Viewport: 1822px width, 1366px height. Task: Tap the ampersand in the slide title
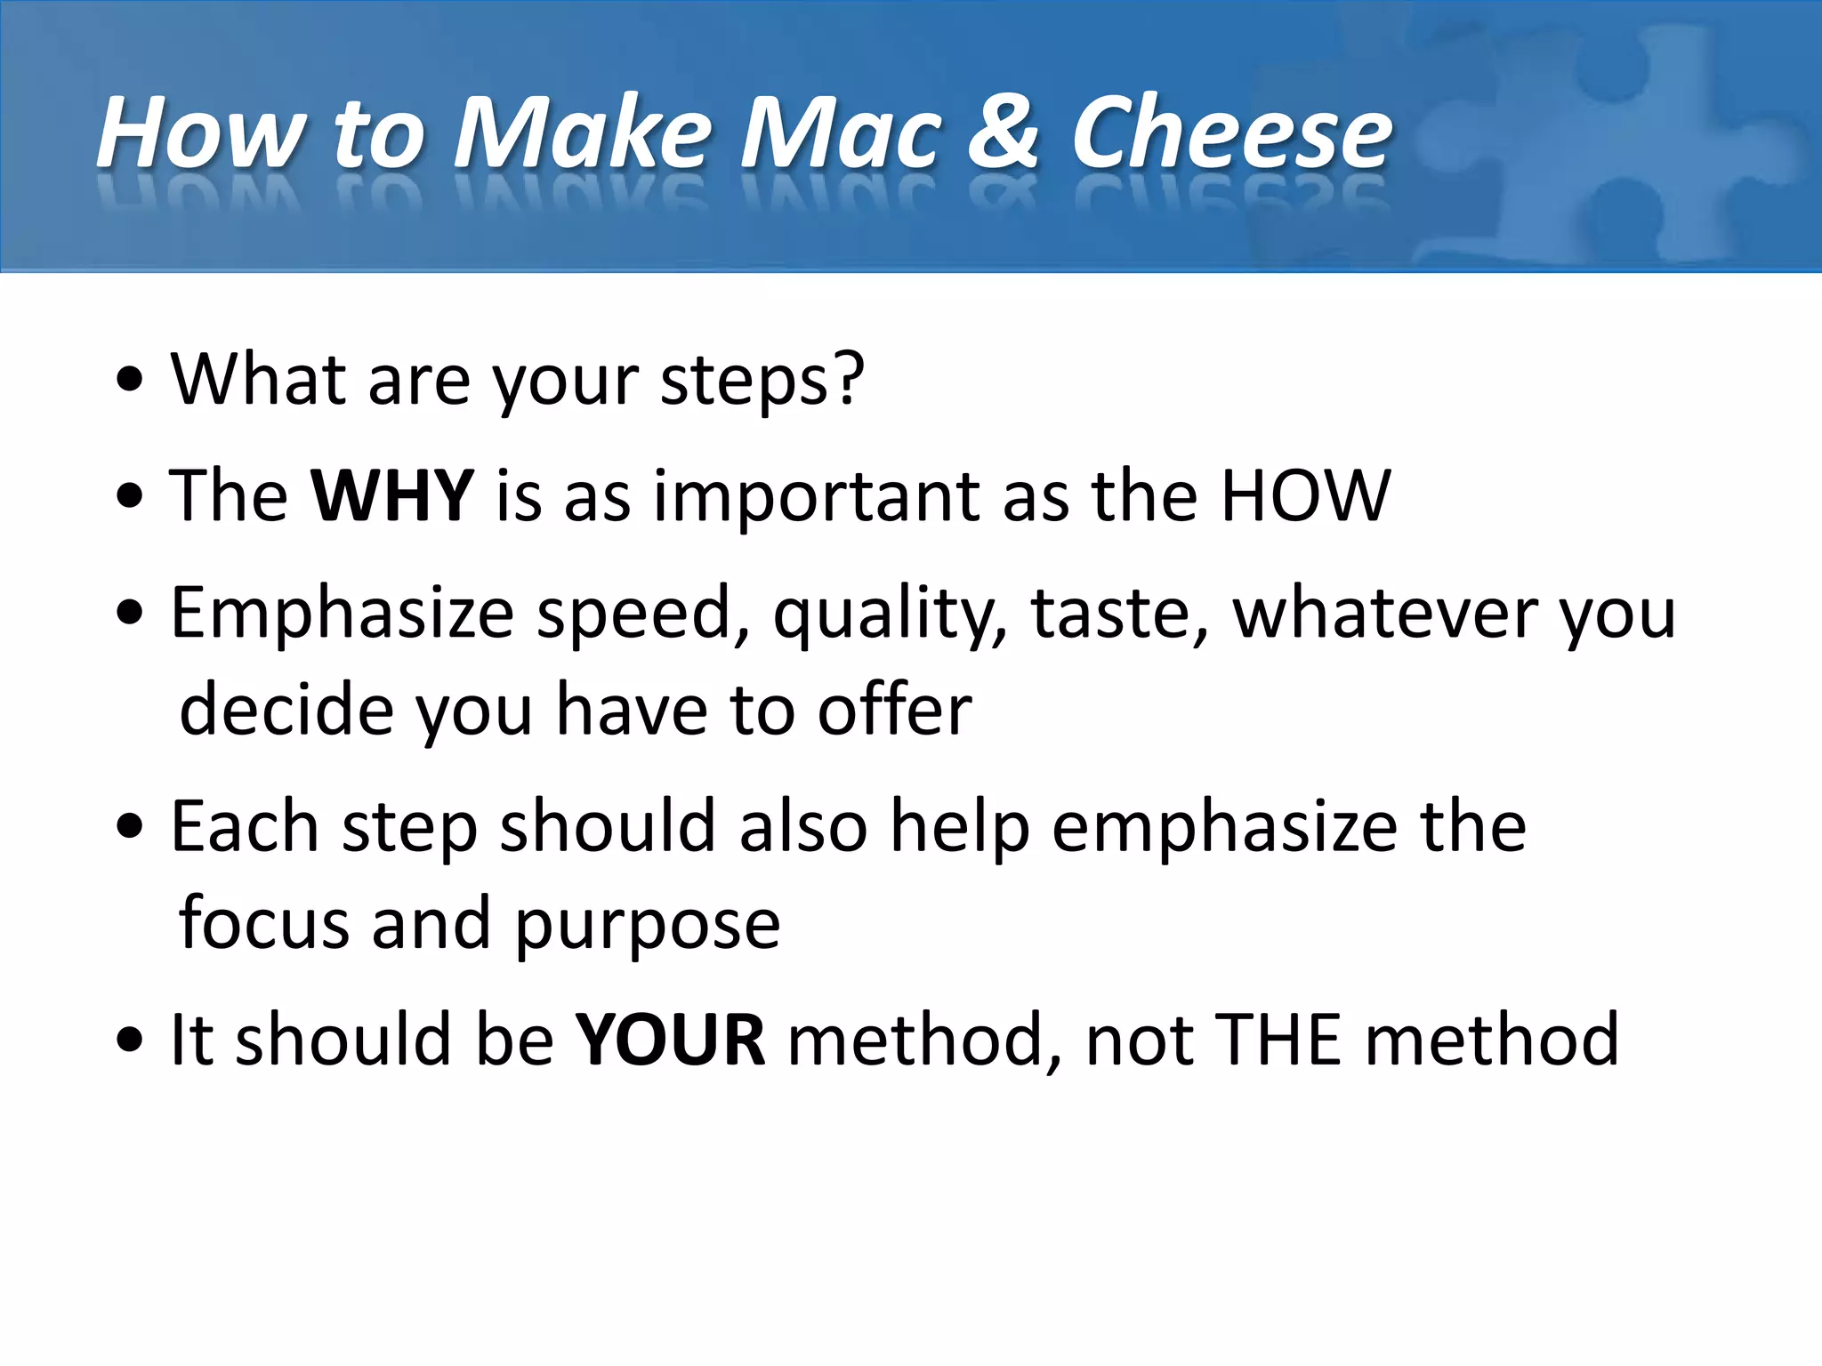click(1004, 133)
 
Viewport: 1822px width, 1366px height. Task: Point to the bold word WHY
click(392, 495)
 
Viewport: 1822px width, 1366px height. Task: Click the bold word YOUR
click(670, 1040)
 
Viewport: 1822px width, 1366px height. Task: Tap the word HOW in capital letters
click(1304, 495)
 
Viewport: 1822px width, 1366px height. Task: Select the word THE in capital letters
click(1278, 1040)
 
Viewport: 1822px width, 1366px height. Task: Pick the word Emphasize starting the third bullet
click(343, 614)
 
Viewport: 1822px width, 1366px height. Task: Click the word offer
click(894, 710)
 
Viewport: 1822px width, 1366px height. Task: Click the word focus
click(264, 923)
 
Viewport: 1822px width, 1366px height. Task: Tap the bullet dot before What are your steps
click(130, 382)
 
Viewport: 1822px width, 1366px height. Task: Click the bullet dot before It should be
click(130, 1041)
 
